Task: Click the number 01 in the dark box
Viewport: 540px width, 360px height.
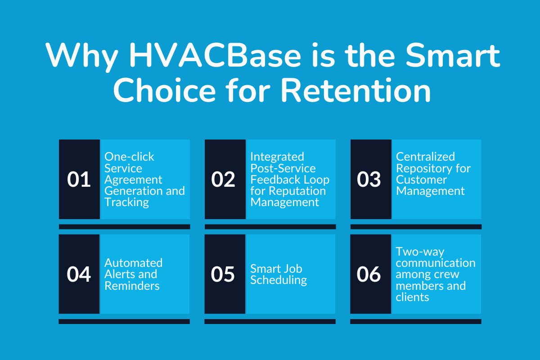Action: click(x=79, y=180)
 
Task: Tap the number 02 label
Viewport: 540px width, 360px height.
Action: click(x=224, y=180)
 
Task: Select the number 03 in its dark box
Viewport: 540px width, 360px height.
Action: click(x=369, y=180)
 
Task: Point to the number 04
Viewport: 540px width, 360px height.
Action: click(x=79, y=274)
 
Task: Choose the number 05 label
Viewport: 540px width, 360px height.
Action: click(x=224, y=274)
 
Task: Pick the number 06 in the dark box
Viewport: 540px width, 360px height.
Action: click(x=369, y=274)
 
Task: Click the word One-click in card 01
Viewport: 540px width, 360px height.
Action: click(x=129, y=157)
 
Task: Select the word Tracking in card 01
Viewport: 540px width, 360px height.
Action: click(x=126, y=202)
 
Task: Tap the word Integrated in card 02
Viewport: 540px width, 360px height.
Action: click(x=277, y=157)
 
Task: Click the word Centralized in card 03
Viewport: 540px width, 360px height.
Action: click(x=425, y=157)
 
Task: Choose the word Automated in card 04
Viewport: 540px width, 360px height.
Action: click(x=133, y=263)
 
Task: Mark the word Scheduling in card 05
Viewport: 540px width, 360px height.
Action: click(x=279, y=280)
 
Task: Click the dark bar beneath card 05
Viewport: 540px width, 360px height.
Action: click(x=270, y=322)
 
